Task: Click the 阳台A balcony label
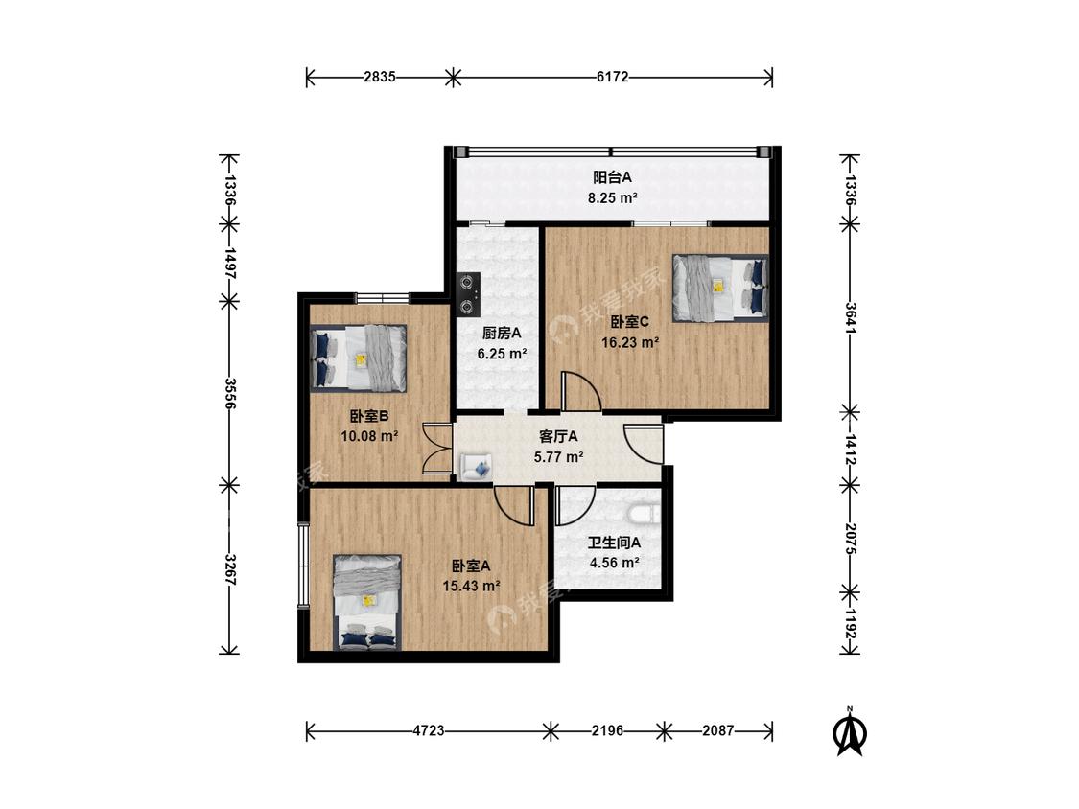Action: point(613,177)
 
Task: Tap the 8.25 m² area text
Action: point(612,198)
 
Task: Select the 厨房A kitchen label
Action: point(502,334)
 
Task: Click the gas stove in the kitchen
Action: point(469,294)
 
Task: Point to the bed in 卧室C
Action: point(720,288)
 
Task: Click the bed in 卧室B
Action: point(358,358)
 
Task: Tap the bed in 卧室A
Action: point(367,603)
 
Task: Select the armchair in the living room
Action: point(476,467)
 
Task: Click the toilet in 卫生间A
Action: point(645,513)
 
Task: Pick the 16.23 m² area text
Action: point(630,342)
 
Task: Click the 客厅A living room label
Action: point(558,436)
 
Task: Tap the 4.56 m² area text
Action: point(615,563)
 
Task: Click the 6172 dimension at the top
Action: point(613,77)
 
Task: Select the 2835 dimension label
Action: point(380,77)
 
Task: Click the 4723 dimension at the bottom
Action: point(429,730)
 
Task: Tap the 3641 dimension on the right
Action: point(851,318)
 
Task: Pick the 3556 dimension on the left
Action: point(230,394)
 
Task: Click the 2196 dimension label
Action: point(608,730)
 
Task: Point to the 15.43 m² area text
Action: point(471,587)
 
